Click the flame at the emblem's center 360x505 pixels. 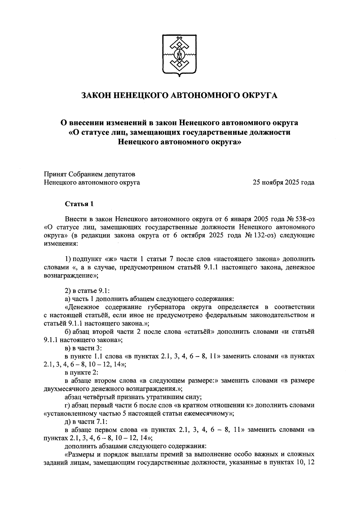(180, 55)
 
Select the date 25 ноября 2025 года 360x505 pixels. (283, 182)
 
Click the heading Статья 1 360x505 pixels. (79, 204)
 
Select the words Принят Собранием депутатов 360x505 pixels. (89, 174)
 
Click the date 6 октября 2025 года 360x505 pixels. (206, 235)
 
